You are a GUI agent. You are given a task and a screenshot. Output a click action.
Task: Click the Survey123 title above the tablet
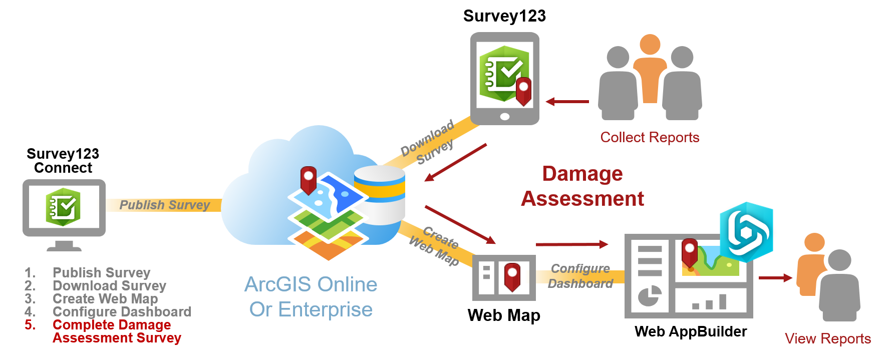(504, 16)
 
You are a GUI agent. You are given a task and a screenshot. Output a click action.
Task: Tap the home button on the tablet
(504, 117)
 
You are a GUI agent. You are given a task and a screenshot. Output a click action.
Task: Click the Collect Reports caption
(650, 137)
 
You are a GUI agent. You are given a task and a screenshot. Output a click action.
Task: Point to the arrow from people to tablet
(567, 102)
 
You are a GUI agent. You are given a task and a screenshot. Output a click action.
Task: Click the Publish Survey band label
(164, 205)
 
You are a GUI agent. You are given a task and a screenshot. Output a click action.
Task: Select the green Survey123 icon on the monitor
(63, 207)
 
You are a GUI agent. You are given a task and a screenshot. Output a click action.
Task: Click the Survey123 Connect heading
(63, 160)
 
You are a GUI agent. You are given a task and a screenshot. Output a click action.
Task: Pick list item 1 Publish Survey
(88, 272)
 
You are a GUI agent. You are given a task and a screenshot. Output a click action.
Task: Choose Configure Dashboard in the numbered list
(122, 311)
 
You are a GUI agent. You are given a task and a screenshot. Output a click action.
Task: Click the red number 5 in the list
(30, 324)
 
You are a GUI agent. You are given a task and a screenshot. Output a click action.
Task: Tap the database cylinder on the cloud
(379, 195)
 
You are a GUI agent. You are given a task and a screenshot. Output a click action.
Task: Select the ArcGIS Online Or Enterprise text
(311, 297)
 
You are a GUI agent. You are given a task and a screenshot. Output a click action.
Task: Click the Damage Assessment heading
(582, 186)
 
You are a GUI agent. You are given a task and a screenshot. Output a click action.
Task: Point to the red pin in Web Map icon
(512, 277)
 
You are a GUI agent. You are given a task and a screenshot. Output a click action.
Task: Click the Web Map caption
(504, 315)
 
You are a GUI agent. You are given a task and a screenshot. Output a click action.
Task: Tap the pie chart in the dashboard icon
(650, 296)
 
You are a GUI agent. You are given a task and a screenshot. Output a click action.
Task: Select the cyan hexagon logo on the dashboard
(746, 232)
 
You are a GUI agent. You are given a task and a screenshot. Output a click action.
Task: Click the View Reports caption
(828, 338)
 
